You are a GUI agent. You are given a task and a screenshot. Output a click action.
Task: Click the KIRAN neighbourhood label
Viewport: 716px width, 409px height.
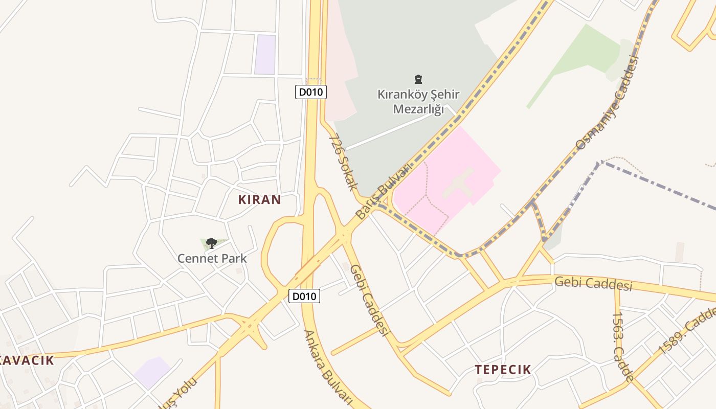(x=259, y=199)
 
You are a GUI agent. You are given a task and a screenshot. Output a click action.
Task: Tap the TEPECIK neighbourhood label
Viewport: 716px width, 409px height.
(x=503, y=369)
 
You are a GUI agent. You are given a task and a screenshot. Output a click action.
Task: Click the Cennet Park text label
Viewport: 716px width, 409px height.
(x=212, y=258)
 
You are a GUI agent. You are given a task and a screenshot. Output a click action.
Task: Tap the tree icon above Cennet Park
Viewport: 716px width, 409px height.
(x=211, y=243)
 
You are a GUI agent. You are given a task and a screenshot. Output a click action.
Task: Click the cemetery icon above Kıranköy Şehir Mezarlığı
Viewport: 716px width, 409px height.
(x=418, y=79)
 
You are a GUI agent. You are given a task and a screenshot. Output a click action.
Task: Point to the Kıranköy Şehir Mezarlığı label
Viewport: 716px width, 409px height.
(x=418, y=102)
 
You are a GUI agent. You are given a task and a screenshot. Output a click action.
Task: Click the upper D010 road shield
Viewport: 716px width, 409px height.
(x=311, y=92)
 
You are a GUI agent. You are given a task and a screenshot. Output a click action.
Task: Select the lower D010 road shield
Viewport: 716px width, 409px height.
(x=304, y=296)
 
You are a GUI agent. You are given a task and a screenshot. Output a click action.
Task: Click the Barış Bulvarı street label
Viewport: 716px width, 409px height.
(x=384, y=191)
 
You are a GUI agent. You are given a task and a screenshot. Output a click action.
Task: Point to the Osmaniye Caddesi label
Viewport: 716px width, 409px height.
(x=608, y=102)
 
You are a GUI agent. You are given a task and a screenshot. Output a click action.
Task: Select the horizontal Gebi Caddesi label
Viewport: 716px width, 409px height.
(x=593, y=283)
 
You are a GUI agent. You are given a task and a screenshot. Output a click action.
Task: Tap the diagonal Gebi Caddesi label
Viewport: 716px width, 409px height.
(x=368, y=300)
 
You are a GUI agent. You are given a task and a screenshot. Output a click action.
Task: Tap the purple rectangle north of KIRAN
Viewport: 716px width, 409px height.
(x=265, y=54)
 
